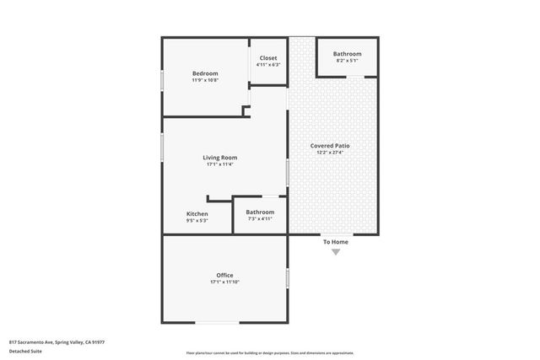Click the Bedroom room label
click(x=205, y=73)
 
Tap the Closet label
click(x=267, y=58)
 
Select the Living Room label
click(x=219, y=158)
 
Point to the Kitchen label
click(x=197, y=213)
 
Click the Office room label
click(x=224, y=276)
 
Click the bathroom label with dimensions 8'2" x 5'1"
click(x=347, y=54)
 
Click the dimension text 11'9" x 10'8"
click(x=205, y=81)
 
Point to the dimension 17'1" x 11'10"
click(x=224, y=282)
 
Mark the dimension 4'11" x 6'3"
click(x=267, y=65)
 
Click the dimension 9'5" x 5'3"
click(x=197, y=220)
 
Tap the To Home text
click(x=335, y=242)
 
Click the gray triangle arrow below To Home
click(x=335, y=251)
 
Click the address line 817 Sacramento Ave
click(x=57, y=341)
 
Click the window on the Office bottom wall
click(x=217, y=323)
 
